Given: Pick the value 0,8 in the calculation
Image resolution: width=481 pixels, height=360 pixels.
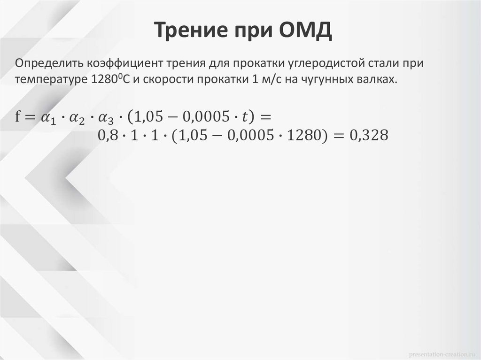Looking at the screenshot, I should [107, 136].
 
